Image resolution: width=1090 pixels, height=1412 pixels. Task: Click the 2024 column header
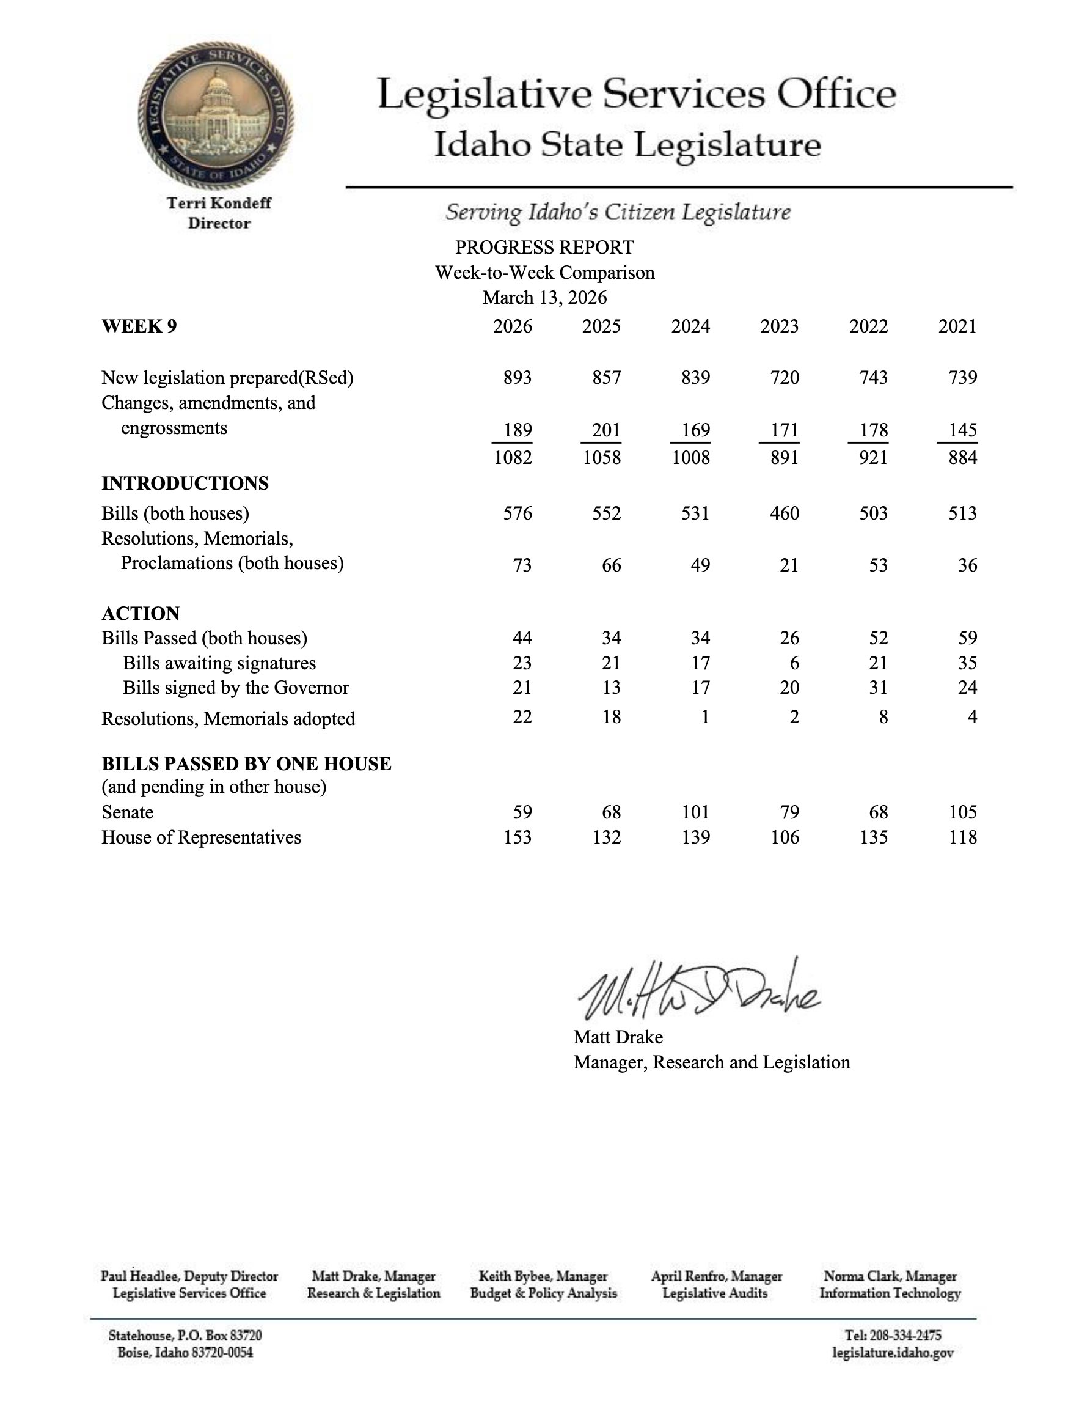(x=690, y=326)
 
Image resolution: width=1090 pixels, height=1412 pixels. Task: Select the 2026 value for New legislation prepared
(x=517, y=378)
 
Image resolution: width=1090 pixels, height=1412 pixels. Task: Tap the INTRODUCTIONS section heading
(x=185, y=484)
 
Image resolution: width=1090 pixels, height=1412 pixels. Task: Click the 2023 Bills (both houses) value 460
(x=785, y=513)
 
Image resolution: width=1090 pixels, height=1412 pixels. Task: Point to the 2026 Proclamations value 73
(x=521, y=565)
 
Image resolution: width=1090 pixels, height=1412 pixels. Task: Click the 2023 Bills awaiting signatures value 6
(x=794, y=663)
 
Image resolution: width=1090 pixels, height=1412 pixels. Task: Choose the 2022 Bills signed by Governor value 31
(x=878, y=688)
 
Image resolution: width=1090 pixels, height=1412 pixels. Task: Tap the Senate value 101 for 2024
(x=695, y=813)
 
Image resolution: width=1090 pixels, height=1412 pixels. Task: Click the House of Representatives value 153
(x=517, y=838)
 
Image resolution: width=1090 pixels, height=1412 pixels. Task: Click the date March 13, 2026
(x=544, y=298)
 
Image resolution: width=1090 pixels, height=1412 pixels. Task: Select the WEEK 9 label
(x=139, y=326)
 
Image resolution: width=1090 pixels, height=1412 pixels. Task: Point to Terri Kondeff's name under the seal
(x=219, y=203)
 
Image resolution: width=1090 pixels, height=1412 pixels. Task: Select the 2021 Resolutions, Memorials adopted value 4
(x=971, y=717)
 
